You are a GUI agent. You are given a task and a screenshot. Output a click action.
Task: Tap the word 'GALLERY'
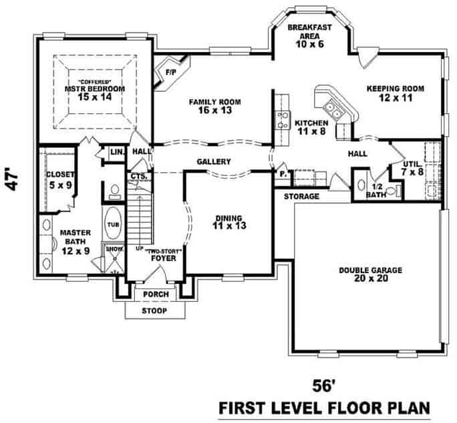click(214, 162)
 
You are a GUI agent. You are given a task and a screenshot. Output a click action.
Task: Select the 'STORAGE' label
click(301, 197)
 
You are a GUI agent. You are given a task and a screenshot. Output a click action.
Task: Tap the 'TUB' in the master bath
click(114, 224)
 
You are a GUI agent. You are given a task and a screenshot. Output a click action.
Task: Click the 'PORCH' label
click(156, 294)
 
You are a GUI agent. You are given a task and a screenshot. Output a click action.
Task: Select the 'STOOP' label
click(154, 311)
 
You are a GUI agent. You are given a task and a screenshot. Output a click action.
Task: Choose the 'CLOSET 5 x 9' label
click(60, 179)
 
